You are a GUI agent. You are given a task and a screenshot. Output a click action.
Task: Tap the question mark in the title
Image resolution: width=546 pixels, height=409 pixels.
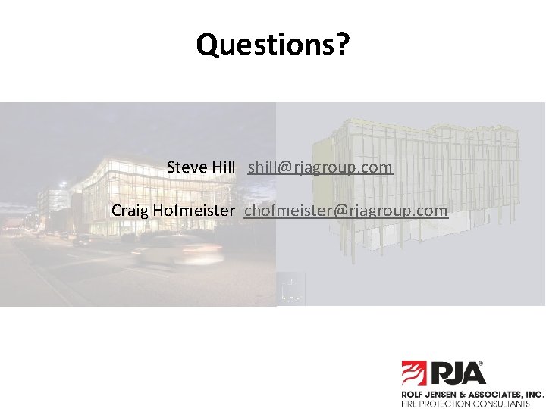pos(343,45)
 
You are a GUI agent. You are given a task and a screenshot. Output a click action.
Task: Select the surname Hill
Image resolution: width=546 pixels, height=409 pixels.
pos(224,167)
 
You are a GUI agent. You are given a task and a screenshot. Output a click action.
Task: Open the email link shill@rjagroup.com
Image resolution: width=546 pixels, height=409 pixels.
pos(320,167)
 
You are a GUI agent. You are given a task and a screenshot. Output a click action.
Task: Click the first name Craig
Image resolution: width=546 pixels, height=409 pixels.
pos(130,210)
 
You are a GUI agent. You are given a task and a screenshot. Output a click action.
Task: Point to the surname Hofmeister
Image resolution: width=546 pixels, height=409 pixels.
pos(193,210)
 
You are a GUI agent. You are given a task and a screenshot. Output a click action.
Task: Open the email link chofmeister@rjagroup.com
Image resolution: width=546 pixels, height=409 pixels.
pos(346,211)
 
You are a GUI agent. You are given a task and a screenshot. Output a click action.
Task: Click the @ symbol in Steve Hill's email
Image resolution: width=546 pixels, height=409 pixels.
pos(284,167)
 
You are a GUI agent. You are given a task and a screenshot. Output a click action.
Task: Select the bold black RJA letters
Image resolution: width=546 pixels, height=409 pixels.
pos(457,373)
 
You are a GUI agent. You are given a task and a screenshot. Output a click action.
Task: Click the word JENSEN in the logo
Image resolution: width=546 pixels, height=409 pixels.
pos(444,395)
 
